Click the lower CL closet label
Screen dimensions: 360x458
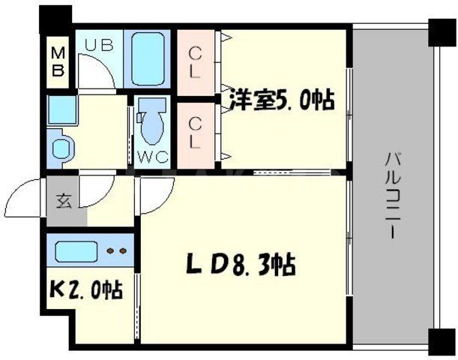(x=195, y=130)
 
